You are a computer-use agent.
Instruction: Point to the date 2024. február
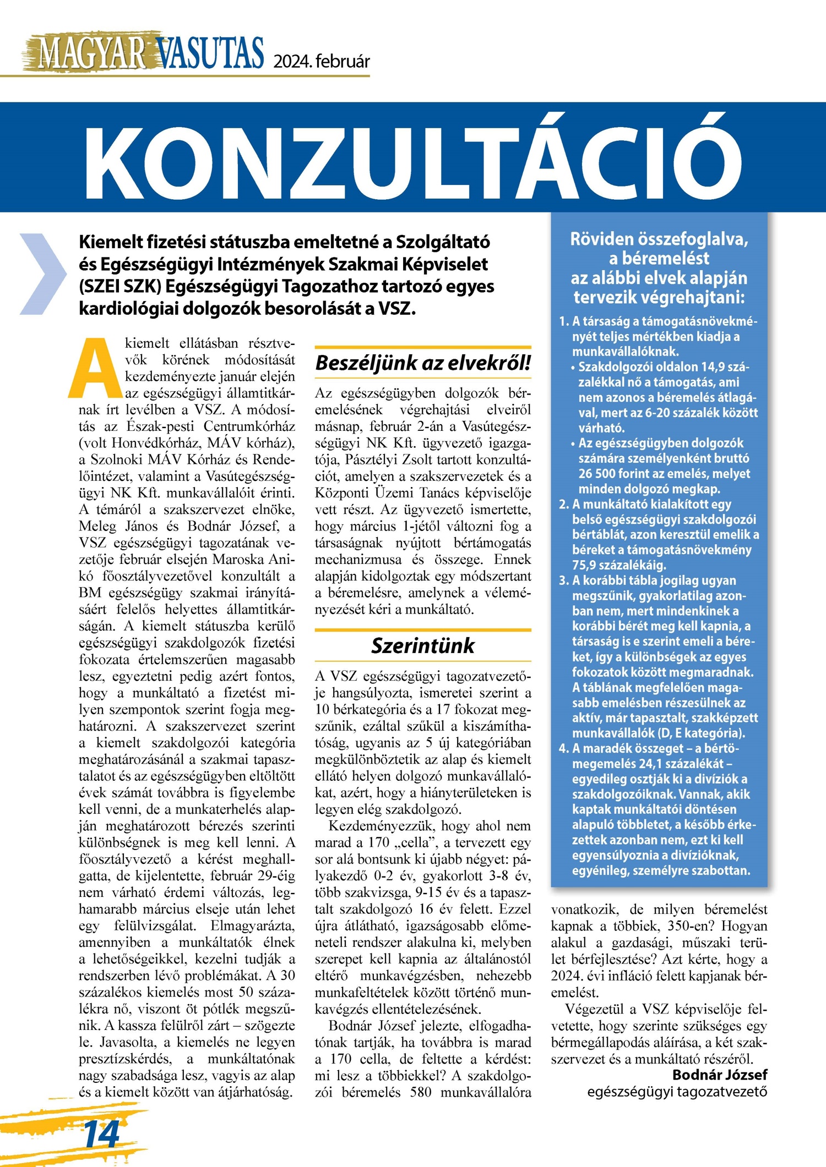click(322, 61)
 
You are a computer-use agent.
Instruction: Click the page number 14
click(102, 1133)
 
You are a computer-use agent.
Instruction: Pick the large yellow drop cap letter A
click(95, 368)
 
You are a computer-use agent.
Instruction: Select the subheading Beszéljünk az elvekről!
click(423, 363)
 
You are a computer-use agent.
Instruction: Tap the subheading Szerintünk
click(423, 645)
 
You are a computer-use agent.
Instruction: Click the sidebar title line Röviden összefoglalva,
click(659, 239)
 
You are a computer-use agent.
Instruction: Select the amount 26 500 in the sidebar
click(600, 474)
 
